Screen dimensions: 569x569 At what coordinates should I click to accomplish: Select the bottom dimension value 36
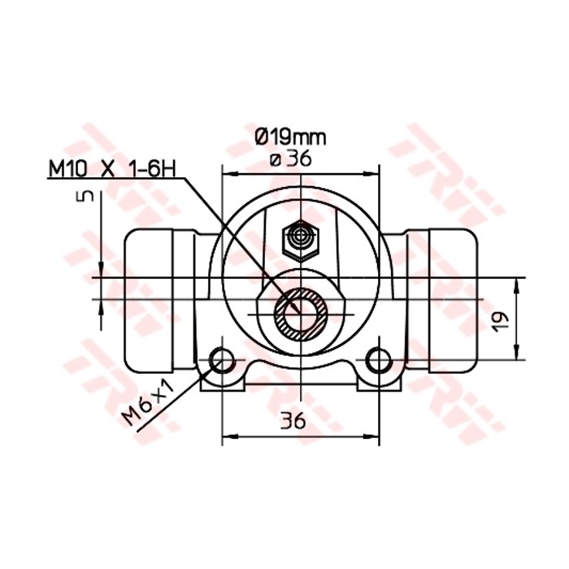click(293, 421)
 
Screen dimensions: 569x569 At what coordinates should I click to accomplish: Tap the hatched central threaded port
click(298, 313)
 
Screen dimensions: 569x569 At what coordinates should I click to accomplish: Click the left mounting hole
click(220, 359)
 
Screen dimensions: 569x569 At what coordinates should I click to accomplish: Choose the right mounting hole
click(376, 359)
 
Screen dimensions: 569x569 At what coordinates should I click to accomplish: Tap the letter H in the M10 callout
click(169, 169)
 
